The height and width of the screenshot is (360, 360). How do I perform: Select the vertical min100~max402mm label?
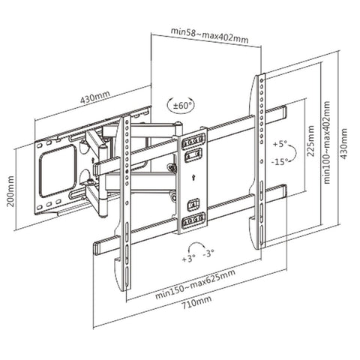coord(330,142)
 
